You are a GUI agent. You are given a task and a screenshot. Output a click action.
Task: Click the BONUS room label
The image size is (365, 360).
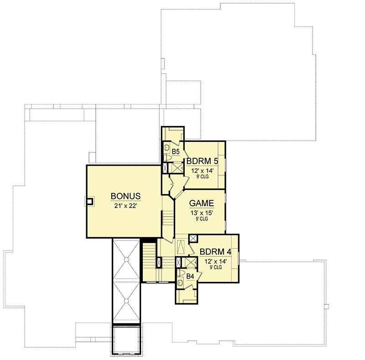(125, 196)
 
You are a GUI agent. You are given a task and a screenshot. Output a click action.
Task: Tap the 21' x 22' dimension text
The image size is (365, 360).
(125, 206)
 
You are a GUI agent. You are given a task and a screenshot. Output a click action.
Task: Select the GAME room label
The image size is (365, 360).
(201, 203)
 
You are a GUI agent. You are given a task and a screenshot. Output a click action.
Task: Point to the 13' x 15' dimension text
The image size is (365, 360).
(202, 213)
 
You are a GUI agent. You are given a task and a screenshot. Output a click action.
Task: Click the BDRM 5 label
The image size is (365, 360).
(202, 161)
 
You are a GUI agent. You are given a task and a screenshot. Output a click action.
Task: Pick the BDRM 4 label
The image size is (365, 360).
(215, 252)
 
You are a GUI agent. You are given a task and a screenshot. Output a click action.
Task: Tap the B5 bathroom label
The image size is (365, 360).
(176, 152)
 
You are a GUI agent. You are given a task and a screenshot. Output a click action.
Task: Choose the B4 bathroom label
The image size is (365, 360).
(190, 277)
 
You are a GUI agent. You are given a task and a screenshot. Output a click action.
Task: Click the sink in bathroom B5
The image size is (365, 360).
(167, 147)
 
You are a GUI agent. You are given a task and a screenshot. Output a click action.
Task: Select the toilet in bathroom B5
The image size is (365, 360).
(167, 157)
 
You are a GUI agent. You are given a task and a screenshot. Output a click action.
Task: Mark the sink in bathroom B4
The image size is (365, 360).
(180, 282)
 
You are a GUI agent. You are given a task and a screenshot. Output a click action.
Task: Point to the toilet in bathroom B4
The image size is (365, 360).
(181, 273)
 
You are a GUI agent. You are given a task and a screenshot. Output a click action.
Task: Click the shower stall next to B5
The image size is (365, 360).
(176, 168)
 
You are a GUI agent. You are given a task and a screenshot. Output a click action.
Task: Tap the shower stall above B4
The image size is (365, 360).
(189, 262)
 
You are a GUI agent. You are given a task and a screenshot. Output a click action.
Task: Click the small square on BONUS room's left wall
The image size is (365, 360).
(90, 201)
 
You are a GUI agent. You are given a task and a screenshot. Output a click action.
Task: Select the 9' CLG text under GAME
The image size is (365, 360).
(202, 219)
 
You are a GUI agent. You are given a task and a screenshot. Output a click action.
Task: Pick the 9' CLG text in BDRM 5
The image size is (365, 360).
(203, 177)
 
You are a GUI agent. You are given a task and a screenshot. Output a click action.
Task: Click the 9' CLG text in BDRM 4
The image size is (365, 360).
(216, 267)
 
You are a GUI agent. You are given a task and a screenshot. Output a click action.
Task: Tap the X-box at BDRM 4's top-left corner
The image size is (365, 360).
(193, 239)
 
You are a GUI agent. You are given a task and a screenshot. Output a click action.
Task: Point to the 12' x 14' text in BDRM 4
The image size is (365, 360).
(216, 261)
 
